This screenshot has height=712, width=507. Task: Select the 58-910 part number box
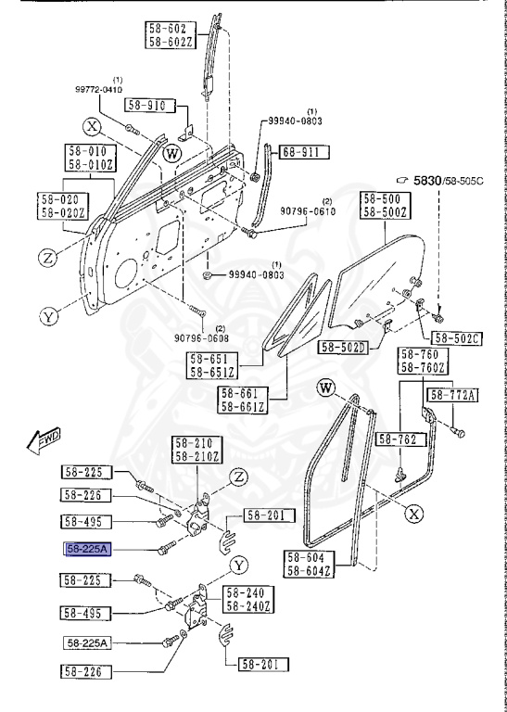point(146,107)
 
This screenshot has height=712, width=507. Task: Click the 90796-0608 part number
point(199,338)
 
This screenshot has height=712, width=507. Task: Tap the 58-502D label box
point(343,347)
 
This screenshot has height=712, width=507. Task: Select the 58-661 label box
point(243,392)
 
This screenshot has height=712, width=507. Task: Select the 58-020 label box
point(63,199)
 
